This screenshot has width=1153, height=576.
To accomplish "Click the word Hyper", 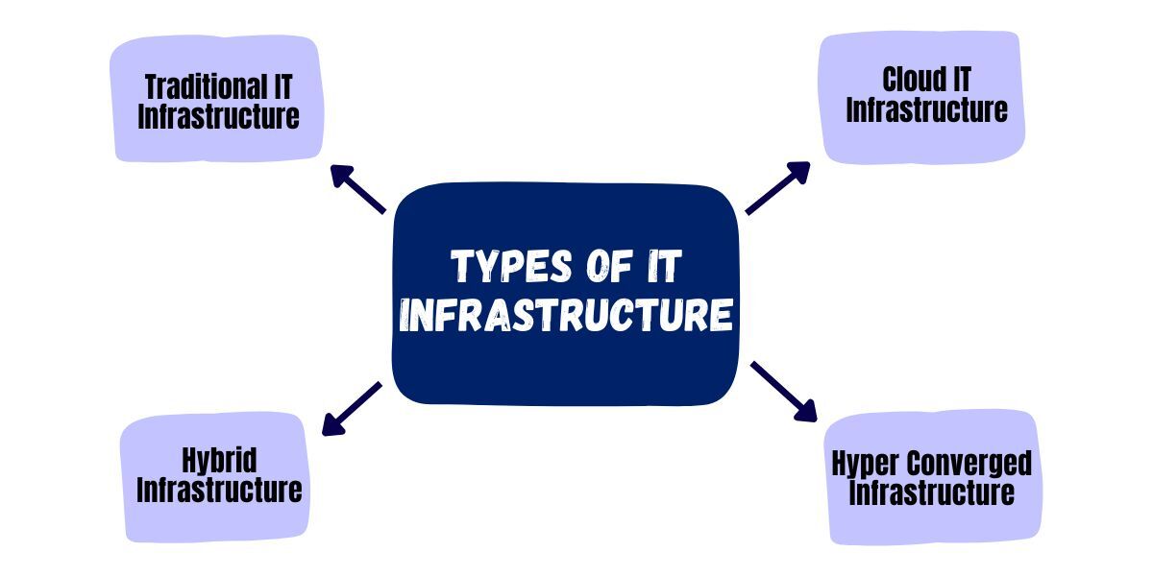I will (x=866, y=464).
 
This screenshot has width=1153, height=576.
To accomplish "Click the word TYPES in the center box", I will (x=505, y=266).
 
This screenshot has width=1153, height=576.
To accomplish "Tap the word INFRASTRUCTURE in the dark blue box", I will (x=566, y=315).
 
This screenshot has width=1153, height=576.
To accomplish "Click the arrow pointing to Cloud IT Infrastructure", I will (x=778, y=187).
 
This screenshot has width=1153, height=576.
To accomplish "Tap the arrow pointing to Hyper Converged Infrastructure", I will (x=782, y=391).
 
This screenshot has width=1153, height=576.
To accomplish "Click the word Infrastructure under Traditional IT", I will (x=218, y=117).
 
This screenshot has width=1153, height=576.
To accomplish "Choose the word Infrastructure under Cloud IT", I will (x=926, y=109).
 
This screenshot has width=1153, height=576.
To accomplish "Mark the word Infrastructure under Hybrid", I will (x=219, y=490).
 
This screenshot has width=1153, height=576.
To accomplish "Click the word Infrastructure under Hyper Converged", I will (x=932, y=493).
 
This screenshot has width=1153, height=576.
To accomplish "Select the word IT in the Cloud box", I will (x=961, y=80).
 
